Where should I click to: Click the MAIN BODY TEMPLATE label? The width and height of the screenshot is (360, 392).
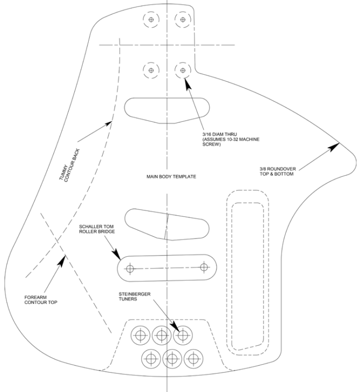tap(171, 176)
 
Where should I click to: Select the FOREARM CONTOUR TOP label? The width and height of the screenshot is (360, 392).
tap(41, 299)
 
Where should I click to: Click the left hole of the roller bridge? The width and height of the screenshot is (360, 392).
tap(129, 268)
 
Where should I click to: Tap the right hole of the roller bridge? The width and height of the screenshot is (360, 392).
tap(204, 267)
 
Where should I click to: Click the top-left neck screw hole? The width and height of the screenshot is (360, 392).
tap(152, 20)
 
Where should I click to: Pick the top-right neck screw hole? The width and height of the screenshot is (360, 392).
tap(183, 20)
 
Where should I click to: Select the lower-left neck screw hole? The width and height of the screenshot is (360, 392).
tap(152, 70)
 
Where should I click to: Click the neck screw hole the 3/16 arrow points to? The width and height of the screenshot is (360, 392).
tap(183, 70)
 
